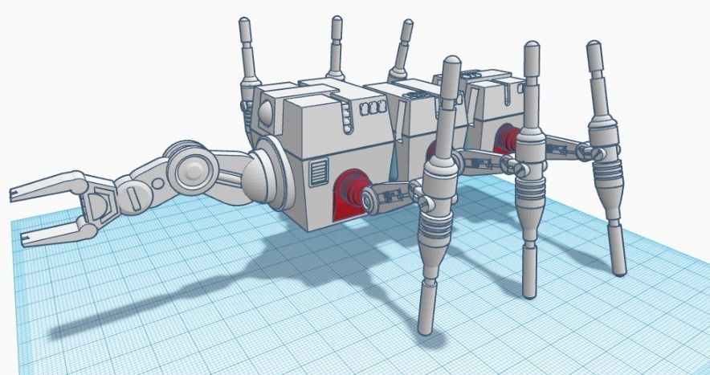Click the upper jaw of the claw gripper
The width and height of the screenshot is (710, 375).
click(48, 184)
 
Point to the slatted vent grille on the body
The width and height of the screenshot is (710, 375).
click(319, 171)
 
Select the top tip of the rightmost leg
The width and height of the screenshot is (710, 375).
click(594, 47)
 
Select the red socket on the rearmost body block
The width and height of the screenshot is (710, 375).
click(506, 137)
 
